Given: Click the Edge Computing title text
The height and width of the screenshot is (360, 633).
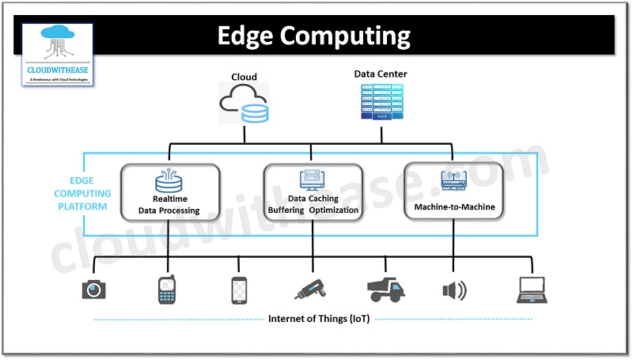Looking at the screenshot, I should (x=314, y=36).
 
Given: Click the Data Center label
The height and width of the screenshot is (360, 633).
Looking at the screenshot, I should (x=381, y=74).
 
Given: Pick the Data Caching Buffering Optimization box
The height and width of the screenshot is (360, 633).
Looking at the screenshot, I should (x=313, y=191).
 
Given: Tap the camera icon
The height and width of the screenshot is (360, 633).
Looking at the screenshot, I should (x=94, y=290).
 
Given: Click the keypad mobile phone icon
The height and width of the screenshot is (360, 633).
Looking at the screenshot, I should (x=165, y=290).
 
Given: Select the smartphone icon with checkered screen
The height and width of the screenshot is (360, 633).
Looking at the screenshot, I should (x=240, y=290).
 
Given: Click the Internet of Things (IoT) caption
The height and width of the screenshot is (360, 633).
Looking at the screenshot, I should (x=313, y=319).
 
